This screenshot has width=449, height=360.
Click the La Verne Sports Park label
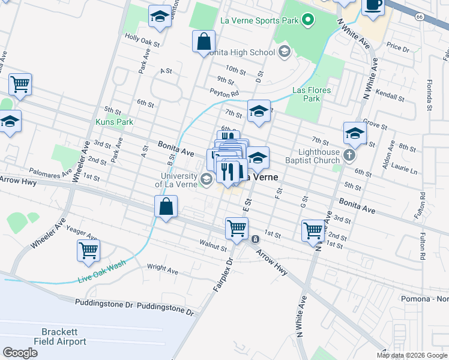(259, 20)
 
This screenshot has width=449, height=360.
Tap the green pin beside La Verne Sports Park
(309, 21)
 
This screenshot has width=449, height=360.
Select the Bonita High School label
(241, 52)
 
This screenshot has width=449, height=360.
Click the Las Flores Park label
(311, 94)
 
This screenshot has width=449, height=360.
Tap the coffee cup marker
(373, 5)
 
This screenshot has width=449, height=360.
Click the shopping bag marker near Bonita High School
(204, 42)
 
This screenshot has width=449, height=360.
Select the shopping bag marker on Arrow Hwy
(166, 208)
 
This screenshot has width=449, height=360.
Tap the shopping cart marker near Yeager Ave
(88, 250)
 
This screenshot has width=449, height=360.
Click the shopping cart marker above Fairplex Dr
(237, 228)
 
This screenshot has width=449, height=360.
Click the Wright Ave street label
(163, 271)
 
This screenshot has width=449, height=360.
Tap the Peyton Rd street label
(224, 93)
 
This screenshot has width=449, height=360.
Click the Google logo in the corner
(20, 352)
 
